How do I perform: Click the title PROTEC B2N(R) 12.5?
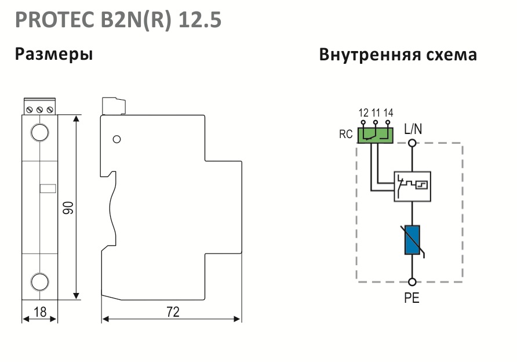click(x=118, y=20)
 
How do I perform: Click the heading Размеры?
click(x=54, y=55)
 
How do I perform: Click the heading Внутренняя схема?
click(x=398, y=55)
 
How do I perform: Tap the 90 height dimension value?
click(x=68, y=208)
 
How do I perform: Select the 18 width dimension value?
click(x=40, y=312)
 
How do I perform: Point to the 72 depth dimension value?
click(x=173, y=312)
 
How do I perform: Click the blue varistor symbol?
click(x=412, y=240)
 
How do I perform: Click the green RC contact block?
click(x=375, y=136)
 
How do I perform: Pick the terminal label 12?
click(x=363, y=113)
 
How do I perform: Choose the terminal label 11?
click(x=376, y=113)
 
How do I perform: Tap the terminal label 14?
click(x=388, y=113)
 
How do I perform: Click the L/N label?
click(x=413, y=129)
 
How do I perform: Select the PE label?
click(x=412, y=298)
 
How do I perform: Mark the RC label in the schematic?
click(x=346, y=135)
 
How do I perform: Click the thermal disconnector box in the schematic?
click(x=413, y=186)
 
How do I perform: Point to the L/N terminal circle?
click(x=412, y=143)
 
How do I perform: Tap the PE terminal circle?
click(x=412, y=282)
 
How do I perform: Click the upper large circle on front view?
click(x=39, y=133)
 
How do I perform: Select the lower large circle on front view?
click(x=39, y=282)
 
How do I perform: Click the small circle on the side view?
click(x=116, y=139)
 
